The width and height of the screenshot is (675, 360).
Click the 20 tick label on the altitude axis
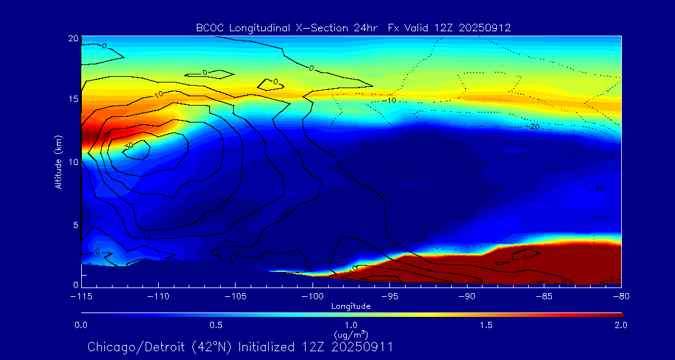point(72,39)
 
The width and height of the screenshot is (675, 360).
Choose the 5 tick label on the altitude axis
point(74,224)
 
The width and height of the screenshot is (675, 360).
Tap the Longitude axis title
point(351,306)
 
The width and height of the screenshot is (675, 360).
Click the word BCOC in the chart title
point(210,27)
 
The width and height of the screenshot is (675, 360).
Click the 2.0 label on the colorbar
point(620,325)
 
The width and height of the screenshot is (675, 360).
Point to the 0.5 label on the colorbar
point(216,325)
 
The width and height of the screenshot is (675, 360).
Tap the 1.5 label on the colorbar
point(486,325)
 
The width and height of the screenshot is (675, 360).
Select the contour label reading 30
point(129,145)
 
